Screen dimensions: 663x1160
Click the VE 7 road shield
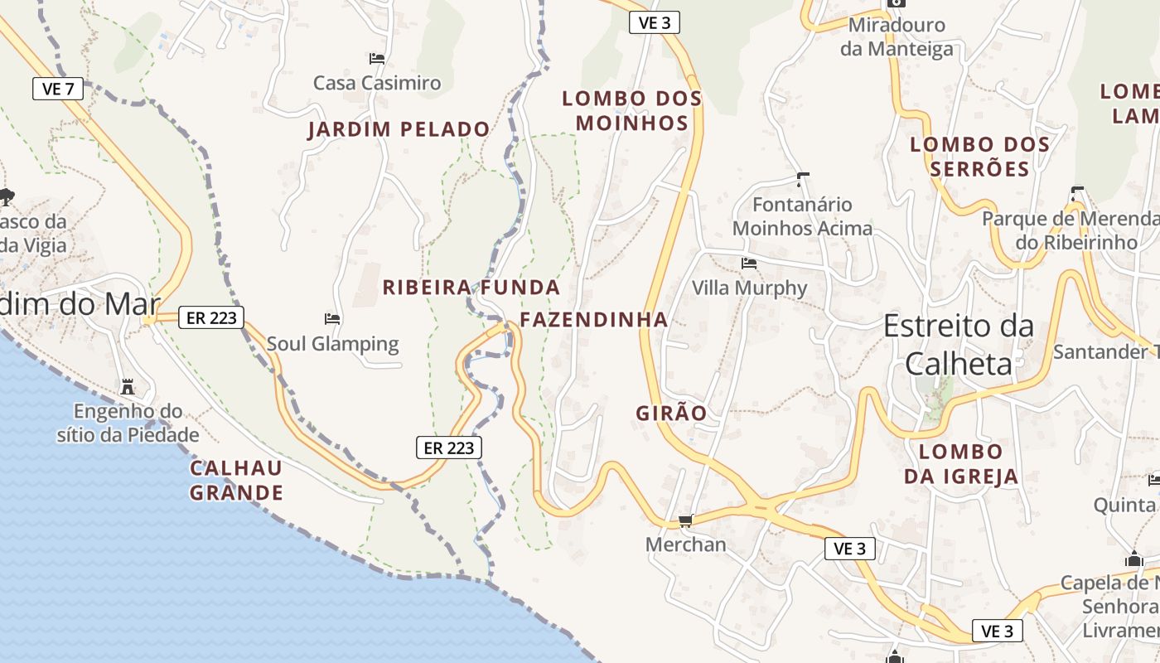click(x=58, y=89)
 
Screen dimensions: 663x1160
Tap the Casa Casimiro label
click(x=377, y=83)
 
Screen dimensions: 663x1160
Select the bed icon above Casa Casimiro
click(x=377, y=59)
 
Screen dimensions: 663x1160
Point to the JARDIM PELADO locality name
click(x=399, y=129)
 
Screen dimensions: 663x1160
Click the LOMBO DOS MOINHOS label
click(x=632, y=110)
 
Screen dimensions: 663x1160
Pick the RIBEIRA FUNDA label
click(x=471, y=288)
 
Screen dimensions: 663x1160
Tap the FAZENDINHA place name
click(x=593, y=319)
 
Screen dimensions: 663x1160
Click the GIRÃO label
click(x=672, y=413)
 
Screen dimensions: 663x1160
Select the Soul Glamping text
click(x=332, y=343)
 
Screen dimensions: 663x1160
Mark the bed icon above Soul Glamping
click(x=332, y=318)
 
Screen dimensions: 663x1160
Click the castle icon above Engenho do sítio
click(x=128, y=387)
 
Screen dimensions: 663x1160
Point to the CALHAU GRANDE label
click(x=236, y=481)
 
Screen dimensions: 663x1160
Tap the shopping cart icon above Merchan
click(x=685, y=520)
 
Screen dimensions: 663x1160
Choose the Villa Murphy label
click(x=749, y=288)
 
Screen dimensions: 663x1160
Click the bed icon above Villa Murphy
click(x=749, y=264)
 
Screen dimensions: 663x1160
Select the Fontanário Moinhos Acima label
click(x=802, y=215)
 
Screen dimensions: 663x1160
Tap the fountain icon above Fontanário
click(x=802, y=178)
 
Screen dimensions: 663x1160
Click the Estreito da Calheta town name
click(x=959, y=344)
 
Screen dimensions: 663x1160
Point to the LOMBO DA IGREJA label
click(x=960, y=463)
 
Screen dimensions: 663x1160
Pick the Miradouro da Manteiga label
click(x=897, y=37)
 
